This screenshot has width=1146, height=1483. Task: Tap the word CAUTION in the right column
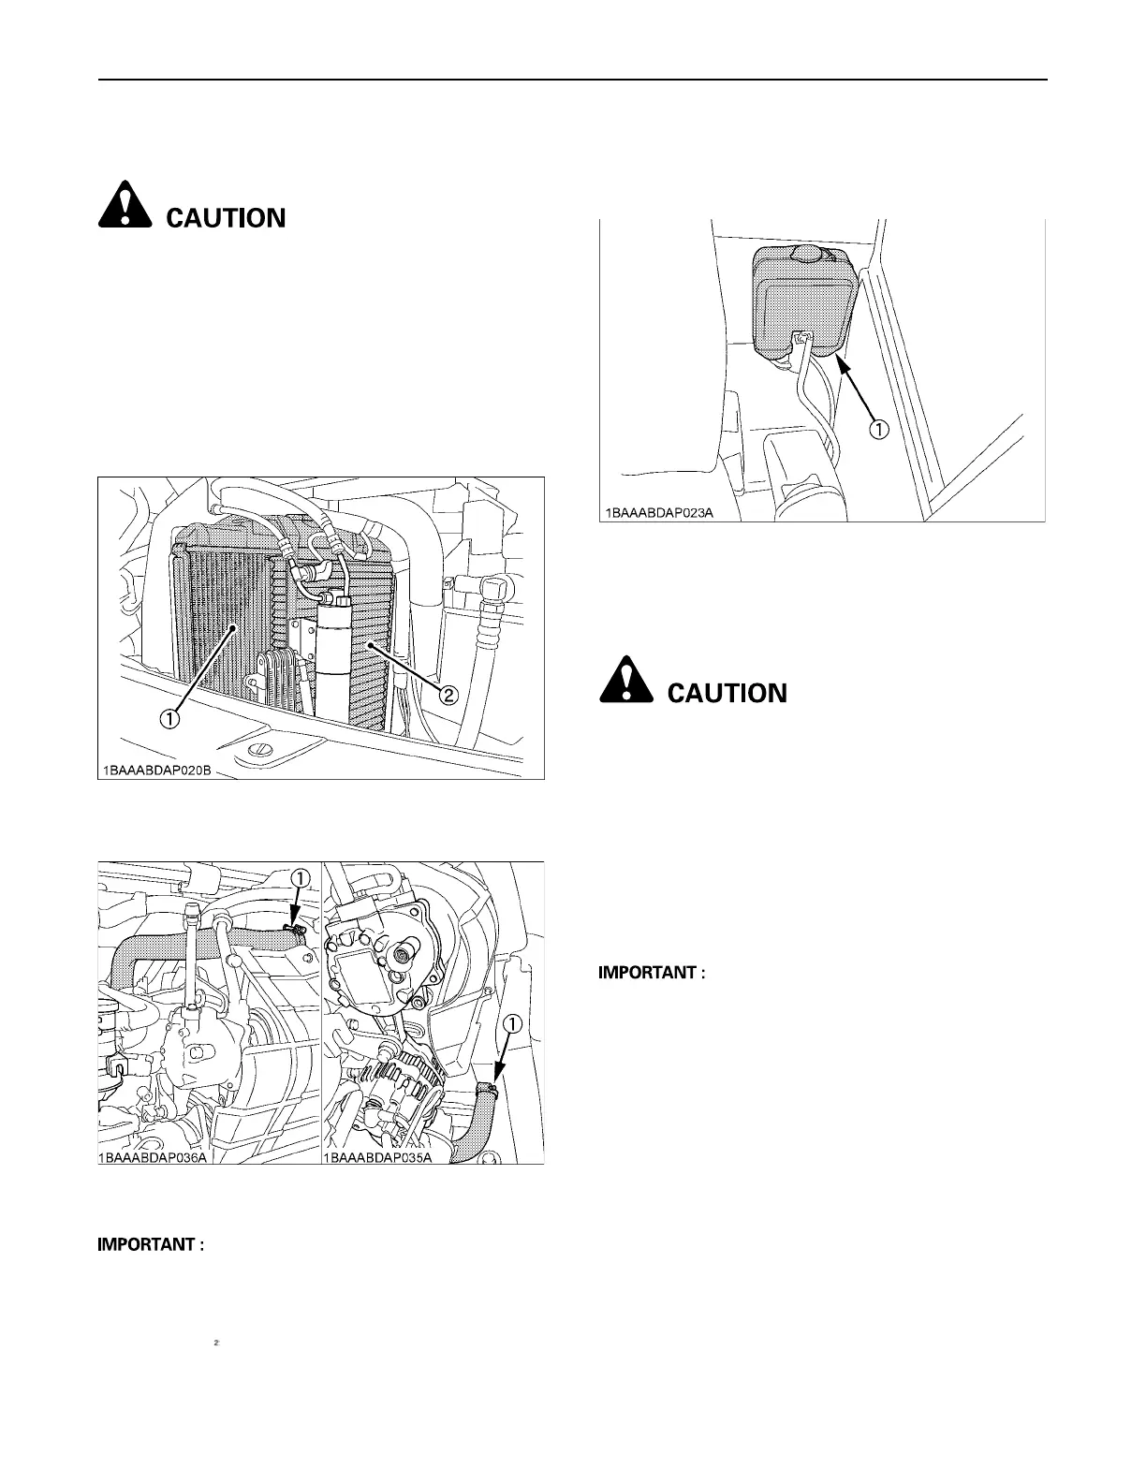tap(727, 694)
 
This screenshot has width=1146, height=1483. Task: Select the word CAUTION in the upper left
tap(226, 219)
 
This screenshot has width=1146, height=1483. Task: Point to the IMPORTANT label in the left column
tap(151, 1245)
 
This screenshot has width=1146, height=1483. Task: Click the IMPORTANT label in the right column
tap(651, 973)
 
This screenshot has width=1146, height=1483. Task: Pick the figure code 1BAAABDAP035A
tap(378, 1157)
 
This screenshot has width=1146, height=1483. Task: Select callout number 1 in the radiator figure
tap(169, 719)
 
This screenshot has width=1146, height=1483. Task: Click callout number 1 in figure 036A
tap(299, 878)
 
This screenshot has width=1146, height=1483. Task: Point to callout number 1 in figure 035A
tap(510, 1024)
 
